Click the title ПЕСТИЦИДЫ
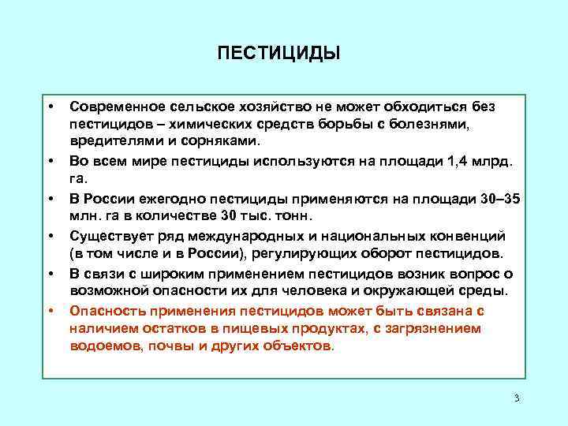click(x=278, y=53)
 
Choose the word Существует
click(x=107, y=235)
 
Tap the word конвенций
click(x=467, y=235)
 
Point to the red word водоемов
click(x=101, y=346)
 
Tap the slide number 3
click(x=516, y=397)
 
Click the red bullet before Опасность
click(x=50, y=310)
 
